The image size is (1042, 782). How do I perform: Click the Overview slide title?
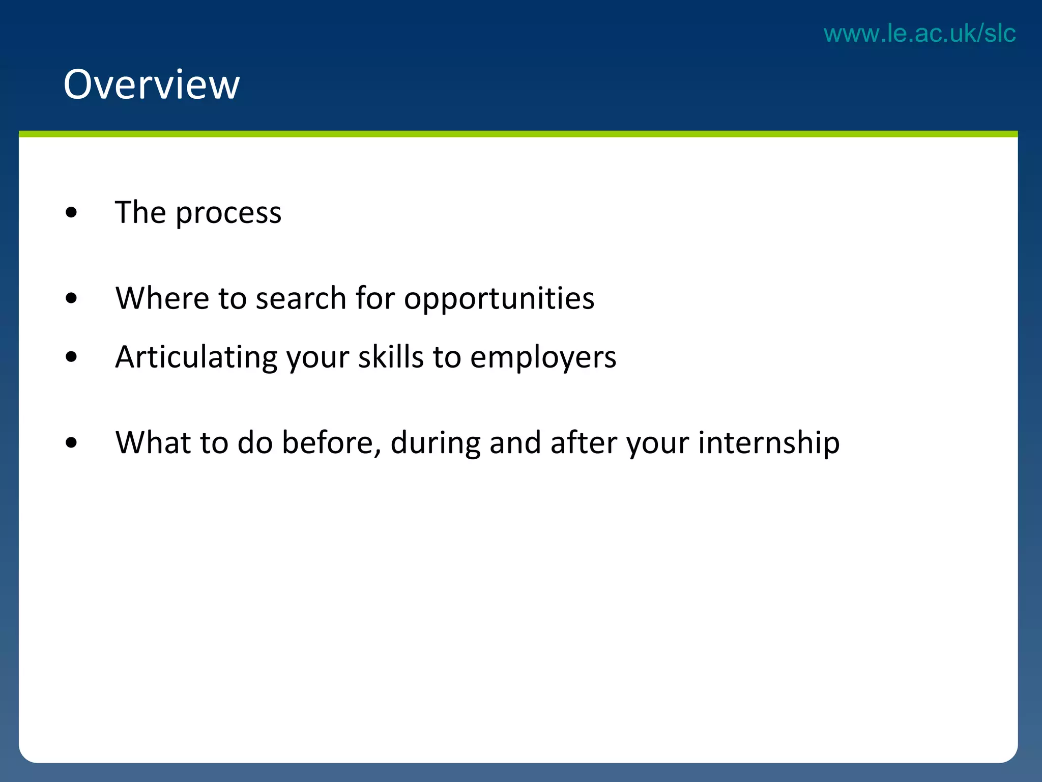(151, 85)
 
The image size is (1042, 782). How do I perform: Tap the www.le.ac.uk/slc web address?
(919, 34)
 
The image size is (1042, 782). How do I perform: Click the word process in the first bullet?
(228, 213)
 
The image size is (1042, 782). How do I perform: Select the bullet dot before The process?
(71, 213)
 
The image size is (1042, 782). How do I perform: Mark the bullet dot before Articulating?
(71, 357)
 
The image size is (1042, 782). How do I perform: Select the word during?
(435, 443)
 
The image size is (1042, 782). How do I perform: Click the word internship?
(768, 443)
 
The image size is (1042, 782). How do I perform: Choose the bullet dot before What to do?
(71, 442)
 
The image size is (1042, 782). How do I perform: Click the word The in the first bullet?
(140, 212)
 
